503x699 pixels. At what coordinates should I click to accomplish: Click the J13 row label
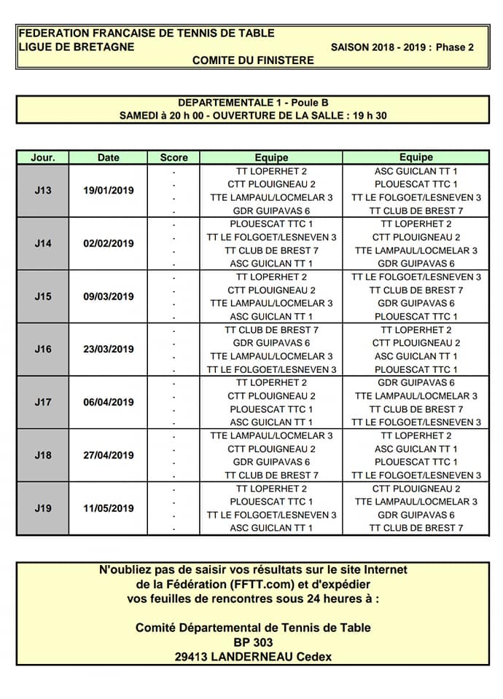pyautogui.click(x=43, y=191)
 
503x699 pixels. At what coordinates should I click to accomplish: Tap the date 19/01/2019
pyautogui.click(x=109, y=191)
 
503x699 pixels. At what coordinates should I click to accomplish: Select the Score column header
pyautogui.click(x=173, y=157)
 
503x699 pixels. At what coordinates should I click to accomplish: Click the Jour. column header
pyautogui.click(x=43, y=157)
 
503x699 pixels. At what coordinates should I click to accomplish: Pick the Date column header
pyautogui.click(x=109, y=157)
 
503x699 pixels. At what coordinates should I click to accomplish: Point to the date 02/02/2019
pyautogui.click(x=109, y=244)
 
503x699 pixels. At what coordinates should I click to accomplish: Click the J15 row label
pyautogui.click(x=43, y=296)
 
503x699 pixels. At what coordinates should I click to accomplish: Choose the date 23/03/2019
pyautogui.click(x=109, y=349)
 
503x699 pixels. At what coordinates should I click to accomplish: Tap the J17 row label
pyautogui.click(x=43, y=402)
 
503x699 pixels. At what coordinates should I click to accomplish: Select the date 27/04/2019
pyautogui.click(x=109, y=455)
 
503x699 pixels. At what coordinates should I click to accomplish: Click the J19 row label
pyautogui.click(x=43, y=508)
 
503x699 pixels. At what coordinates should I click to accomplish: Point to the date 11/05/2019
pyautogui.click(x=109, y=508)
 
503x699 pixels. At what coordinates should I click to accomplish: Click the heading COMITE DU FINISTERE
pyautogui.click(x=253, y=60)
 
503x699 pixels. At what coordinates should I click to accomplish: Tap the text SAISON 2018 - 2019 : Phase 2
pyautogui.click(x=402, y=47)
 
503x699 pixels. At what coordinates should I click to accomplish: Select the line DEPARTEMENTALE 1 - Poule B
pyautogui.click(x=253, y=103)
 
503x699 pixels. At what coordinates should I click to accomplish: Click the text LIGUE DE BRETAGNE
pyautogui.click(x=77, y=47)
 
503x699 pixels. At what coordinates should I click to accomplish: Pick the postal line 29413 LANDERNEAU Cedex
pyautogui.click(x=253, y=657)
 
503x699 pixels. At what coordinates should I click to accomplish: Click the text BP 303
pyautogui.click(x=253, y=643)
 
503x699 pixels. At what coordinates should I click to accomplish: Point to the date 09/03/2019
pyautogui.click(x=109, y=296)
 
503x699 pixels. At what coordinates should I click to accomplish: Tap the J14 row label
pyautogui.click(x=43, y=244)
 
